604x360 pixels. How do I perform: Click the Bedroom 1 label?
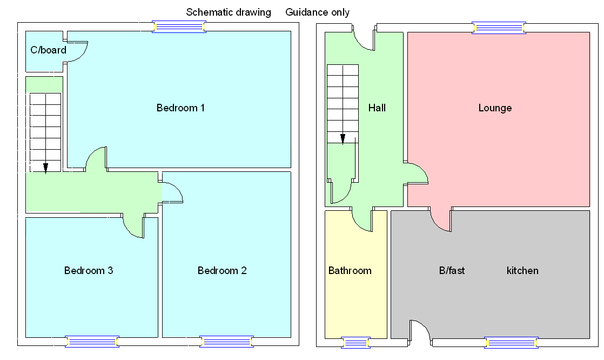(180, 108)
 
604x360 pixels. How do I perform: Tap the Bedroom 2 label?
(222, 270)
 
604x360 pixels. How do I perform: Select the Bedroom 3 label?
(89, 270)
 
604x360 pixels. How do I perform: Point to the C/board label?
(48, 50)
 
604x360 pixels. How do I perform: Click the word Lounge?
(495, 108)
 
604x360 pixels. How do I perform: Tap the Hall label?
(377, 108)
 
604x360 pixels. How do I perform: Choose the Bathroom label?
(350, 270)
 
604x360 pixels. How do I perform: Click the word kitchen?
(522, 270)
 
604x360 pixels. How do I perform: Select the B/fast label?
(452, 270)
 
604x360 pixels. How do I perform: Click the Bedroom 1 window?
(179, 26)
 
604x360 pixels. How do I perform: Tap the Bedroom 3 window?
(92, 342)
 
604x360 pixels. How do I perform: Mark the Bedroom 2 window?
(226, 342)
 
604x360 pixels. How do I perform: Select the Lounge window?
(499, 28)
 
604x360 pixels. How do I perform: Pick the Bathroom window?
(356, 342)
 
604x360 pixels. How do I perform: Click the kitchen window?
(511, 342)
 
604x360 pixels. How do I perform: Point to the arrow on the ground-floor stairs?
(343, 138)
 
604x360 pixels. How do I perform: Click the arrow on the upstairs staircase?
(45, 168)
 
